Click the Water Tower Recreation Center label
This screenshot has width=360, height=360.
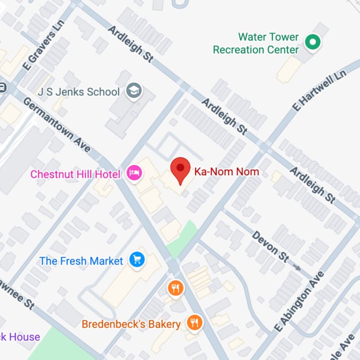coord(256,43)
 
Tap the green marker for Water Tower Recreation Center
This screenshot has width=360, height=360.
coord(312,42)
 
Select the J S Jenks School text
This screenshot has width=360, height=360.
coord(78,92)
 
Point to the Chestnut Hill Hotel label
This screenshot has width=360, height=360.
coord(75,174)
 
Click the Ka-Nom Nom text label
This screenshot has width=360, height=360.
coord(226,171)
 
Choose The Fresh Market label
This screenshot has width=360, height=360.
coord(81,261)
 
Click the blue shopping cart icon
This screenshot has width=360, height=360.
coord(137,260)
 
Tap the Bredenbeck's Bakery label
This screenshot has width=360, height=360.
coord(131,324)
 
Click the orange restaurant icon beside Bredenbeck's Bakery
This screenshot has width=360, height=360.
coord(194,323)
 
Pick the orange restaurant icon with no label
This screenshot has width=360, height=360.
coord(175,288)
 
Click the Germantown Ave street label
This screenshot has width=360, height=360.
coord(57,124)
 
